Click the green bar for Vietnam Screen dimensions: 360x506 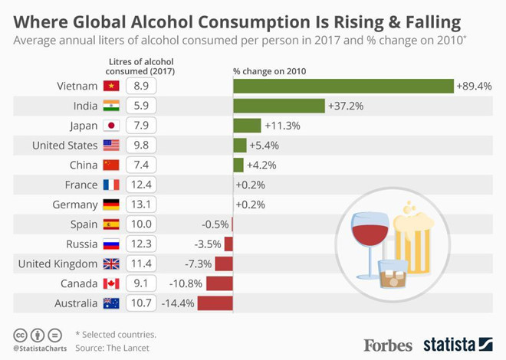coord(343,86)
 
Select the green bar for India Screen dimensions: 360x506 coord(279,106)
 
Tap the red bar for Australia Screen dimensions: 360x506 coord(215,303)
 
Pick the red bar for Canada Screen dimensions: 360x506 coord(219,283)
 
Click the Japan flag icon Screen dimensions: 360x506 coord(111,126)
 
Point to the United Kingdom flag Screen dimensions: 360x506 coord(111,264)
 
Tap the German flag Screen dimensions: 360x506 coord(111,205)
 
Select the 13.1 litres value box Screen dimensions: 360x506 coord(140,205)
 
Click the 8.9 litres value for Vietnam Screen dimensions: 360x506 coord(140,86)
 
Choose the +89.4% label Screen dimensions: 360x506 coord(474,86)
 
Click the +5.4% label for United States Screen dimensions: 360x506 coord(265,145)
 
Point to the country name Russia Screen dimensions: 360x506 coord(80,244)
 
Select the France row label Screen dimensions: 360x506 coord(81,185)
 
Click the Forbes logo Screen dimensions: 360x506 coord(388,345)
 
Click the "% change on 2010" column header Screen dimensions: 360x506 coord(270,71)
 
